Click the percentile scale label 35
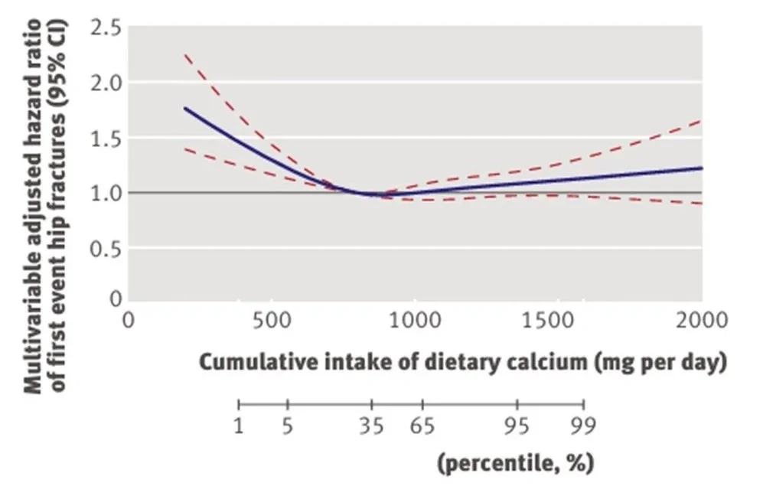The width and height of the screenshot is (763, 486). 372,426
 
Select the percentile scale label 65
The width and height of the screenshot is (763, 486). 422,426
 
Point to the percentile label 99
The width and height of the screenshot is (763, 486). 584,426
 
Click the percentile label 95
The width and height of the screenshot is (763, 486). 517,426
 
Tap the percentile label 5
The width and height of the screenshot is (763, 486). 287,426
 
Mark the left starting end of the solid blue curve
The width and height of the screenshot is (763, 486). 185,108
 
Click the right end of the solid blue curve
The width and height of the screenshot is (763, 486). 701,168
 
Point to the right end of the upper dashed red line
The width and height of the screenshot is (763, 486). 701,120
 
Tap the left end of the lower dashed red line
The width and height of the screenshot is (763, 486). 184,148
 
